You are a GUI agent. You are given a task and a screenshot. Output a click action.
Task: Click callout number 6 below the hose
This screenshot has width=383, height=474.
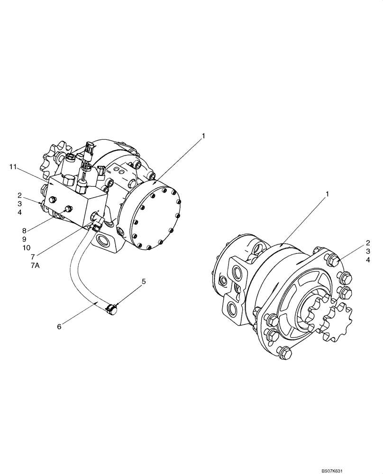tap(59, 327)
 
